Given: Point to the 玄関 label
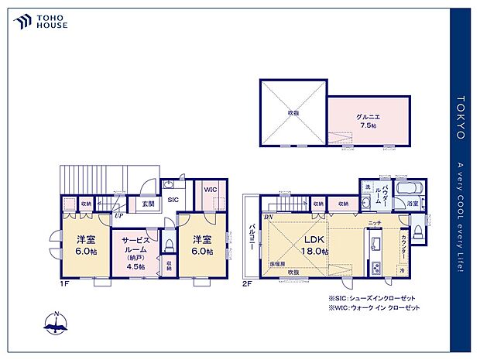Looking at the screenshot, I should [147, 204].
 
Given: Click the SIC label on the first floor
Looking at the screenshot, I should [173, 200].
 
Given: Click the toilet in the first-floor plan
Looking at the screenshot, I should [169, 245].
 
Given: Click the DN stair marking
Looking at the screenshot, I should [268, 216].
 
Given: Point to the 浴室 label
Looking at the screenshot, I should [414, 204].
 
